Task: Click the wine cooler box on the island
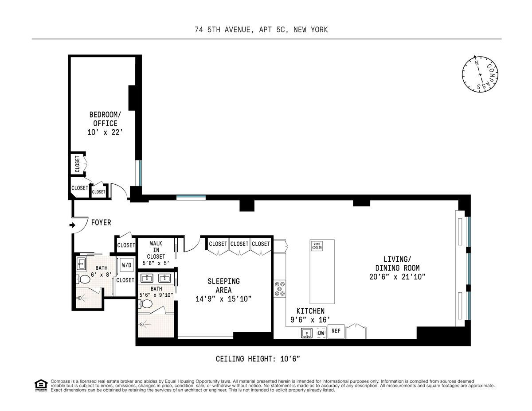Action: [x=317, y=245]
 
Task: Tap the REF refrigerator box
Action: [x=336, y=331]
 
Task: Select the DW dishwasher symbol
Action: [x=321, y=333]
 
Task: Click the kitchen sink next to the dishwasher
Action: [x=306, y=333]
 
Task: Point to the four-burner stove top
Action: [x=280, y=289]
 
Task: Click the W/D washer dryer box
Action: [x=127, y=265]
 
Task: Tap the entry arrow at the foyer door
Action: [x=72, y=225]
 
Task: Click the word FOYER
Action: [x=101, y=222]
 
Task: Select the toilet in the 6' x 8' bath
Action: [x=83, y=279]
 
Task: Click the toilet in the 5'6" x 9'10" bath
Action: [x=145, y=304]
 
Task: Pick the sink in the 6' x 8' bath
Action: [x=81, y=264]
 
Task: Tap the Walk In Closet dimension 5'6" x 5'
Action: [x=156, y=264]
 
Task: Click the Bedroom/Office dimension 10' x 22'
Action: [x=105, y=132]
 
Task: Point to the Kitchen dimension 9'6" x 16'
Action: [x=310, y=320]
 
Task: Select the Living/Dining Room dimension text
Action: [x=397, y=276]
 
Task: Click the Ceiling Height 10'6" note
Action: [x=258, y=359]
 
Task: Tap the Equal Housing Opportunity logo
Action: [x=41, y=385]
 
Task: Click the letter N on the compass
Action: [x=477, y=63]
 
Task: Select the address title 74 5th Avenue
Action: [x=261, y=30]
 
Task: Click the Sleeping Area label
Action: [x=223, y=286]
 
